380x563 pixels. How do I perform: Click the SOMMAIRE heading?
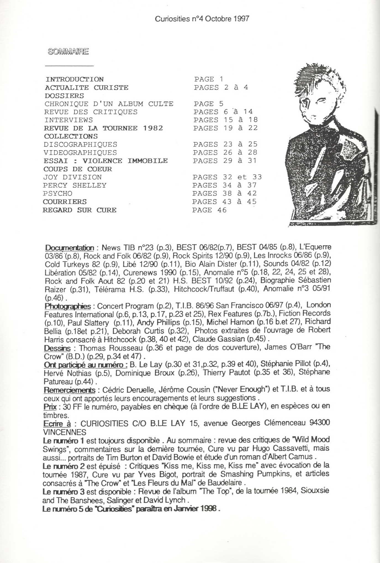click(68, 51)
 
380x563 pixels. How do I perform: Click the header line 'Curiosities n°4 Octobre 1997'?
click(202, 19)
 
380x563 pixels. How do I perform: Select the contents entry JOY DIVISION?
click(73, 177)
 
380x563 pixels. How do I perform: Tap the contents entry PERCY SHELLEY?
click(75, 185)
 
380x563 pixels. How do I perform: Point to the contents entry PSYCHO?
click(58, 193)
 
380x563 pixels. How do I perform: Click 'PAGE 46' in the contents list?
click(209, 210)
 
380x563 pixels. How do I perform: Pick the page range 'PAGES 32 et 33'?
click(227, 177)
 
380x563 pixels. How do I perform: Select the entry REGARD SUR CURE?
click(80, 210)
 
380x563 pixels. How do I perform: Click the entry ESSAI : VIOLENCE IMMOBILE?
click(105, 161)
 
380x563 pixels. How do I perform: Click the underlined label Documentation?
click(70, 247)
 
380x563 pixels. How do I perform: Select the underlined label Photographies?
click(68, 306)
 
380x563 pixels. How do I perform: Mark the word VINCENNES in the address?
click(65, 432)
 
